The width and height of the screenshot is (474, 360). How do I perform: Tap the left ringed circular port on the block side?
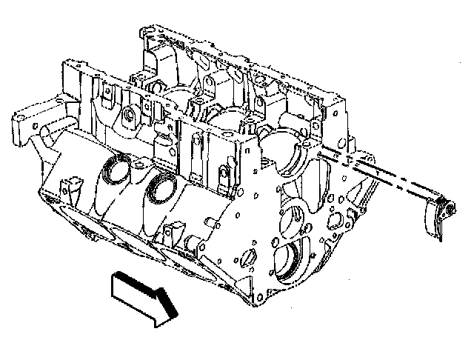click(x=113, y=169)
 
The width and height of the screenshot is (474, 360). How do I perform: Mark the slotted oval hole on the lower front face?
click(x=248, y=256)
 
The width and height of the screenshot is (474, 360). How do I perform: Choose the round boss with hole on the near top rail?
click(x=129, y=116)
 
